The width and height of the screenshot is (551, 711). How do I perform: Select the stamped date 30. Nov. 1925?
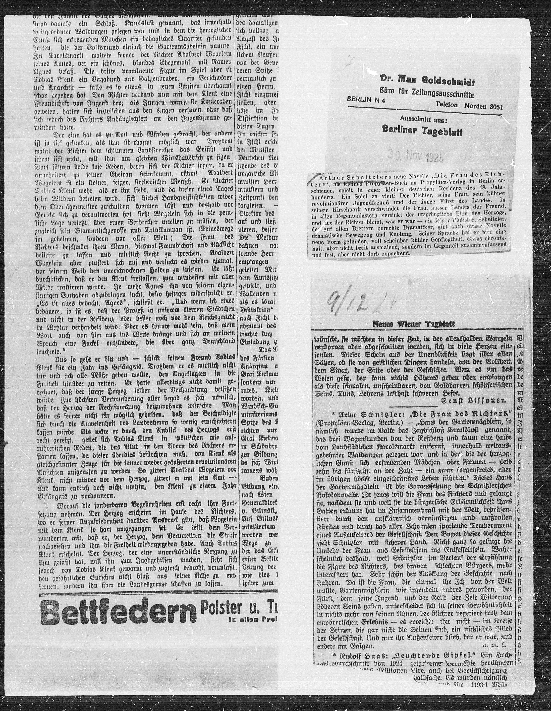(416, 158)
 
